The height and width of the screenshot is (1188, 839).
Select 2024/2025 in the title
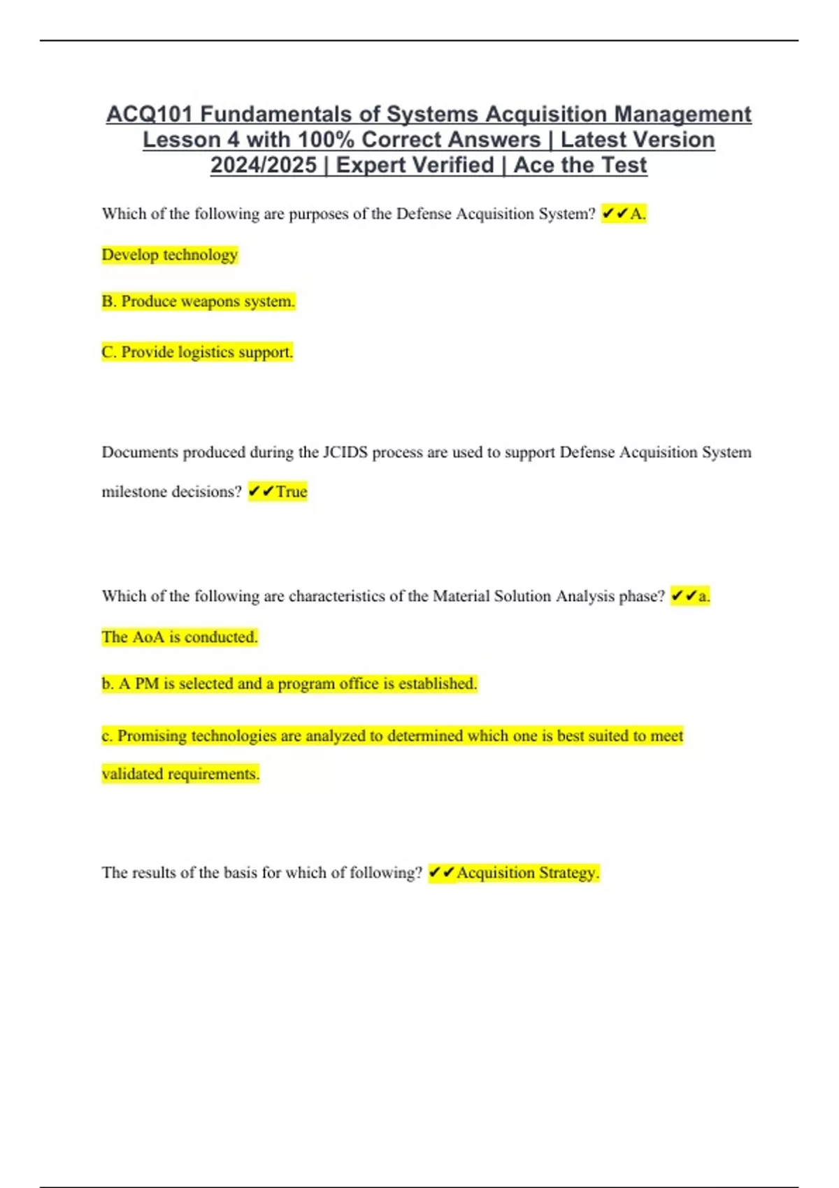click(264, 166)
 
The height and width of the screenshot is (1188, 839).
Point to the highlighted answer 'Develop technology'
click(170, 255)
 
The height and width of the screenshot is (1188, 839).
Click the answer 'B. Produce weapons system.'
click(199, 302)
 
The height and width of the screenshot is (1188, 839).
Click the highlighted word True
click(292, 492)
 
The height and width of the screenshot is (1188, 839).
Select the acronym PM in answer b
click(147, 684)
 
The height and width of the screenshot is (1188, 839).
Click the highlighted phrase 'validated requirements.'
click(180, 774)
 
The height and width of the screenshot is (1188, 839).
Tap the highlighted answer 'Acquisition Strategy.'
click(528, 873)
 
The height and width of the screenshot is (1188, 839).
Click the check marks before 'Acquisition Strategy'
click(441, 873)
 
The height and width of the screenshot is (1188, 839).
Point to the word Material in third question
click(461, 597)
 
